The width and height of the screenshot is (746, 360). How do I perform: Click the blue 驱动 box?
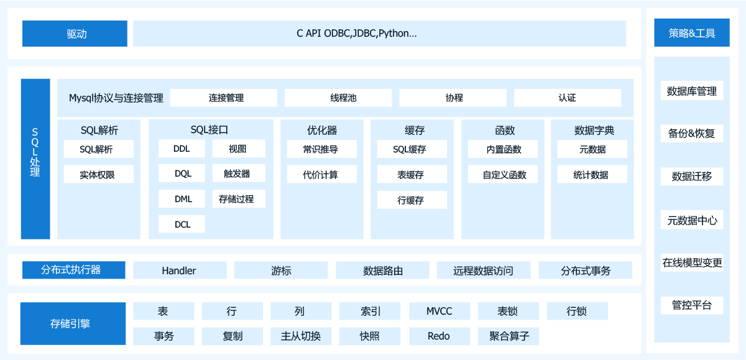75,34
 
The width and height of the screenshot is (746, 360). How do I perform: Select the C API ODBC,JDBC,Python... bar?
379,34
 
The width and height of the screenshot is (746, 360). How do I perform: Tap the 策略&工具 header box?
691,33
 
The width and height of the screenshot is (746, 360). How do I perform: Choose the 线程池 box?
338,98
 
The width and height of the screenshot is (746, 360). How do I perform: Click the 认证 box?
567,98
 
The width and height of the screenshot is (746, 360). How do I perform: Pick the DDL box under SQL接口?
182,149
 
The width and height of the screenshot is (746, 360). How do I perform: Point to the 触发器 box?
239,173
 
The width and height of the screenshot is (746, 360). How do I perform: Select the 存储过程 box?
239,199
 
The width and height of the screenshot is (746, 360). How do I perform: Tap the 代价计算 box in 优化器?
321,175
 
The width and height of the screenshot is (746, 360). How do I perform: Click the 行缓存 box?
412,200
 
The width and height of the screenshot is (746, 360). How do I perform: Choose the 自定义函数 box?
504,175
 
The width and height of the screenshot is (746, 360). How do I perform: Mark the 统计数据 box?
592,175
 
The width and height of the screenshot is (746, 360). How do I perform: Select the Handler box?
179,270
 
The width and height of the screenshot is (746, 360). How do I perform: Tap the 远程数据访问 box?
483,270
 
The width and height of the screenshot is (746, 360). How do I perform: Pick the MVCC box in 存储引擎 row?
440,311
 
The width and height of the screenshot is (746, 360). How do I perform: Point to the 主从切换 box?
301,336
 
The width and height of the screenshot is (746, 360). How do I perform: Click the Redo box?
439,336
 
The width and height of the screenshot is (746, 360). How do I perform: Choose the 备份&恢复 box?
691,133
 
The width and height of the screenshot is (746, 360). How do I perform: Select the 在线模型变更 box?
692,262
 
